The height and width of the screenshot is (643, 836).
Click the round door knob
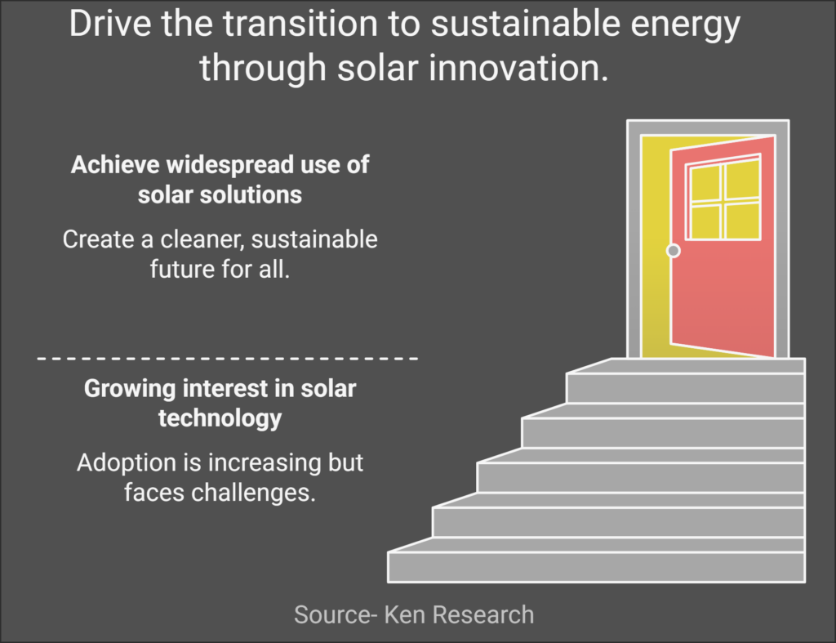pyautogui.click(x=674, y=250)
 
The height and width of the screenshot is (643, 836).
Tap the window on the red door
pyautogui.click(x=723, y=197)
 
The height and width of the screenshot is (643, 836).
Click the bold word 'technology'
pyautogui.click(x=220, y=418)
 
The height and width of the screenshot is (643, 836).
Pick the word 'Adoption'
pyautogui.click(x=126, y=463)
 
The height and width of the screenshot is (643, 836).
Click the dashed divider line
pyautogui.click(x=227, y=359)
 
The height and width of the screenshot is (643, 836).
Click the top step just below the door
pyautogui.click(x=686, y=381)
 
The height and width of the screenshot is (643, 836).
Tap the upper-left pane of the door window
pyautogui.click(x=705, y=184)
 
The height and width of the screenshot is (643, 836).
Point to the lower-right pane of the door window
pyautogui.click(x=743, y=221)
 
